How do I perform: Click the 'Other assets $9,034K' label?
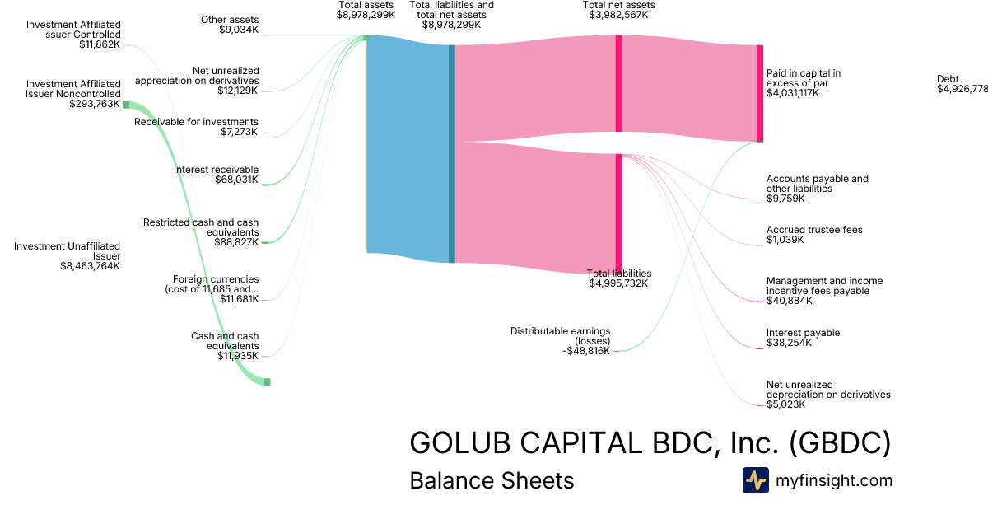click(230, 25)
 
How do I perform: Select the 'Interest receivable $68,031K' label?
click(216, 175)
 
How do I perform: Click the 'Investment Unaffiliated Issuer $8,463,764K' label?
click(68, 255)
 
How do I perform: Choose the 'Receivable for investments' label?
click(197, 127)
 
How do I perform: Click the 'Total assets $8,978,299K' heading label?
click(366, 10)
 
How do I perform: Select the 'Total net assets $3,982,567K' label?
click(618, 10)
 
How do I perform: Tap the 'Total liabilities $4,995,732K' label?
click(619, 278)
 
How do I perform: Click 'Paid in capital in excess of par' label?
click(804, 83)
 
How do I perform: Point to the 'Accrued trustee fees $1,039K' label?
click(814, 235)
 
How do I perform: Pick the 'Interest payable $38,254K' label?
click(803, 338)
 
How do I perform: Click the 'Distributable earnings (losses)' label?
click(561, 340)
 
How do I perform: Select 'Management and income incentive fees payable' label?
click(824, 291)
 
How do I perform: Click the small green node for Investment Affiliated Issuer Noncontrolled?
click(126, 105)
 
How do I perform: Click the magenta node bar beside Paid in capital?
click(760, 93)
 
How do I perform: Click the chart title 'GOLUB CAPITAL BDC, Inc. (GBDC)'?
click(650, 443)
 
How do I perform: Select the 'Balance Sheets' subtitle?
click(492, 480)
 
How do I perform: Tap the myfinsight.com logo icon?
click(755, 480)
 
